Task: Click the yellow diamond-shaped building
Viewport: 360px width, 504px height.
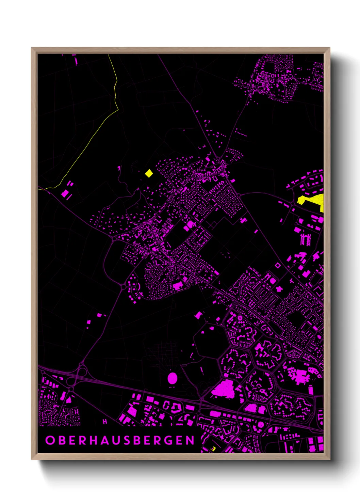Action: tap(149, 174)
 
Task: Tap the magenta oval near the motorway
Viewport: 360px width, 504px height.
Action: tap(173, 378)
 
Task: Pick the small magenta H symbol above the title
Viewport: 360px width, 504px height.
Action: tap(105, 422)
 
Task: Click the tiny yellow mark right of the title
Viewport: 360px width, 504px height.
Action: tap(213, 448)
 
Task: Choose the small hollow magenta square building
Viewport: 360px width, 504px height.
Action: tap(278, 265)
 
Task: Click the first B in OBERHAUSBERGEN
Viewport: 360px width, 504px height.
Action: tap(61, 440)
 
